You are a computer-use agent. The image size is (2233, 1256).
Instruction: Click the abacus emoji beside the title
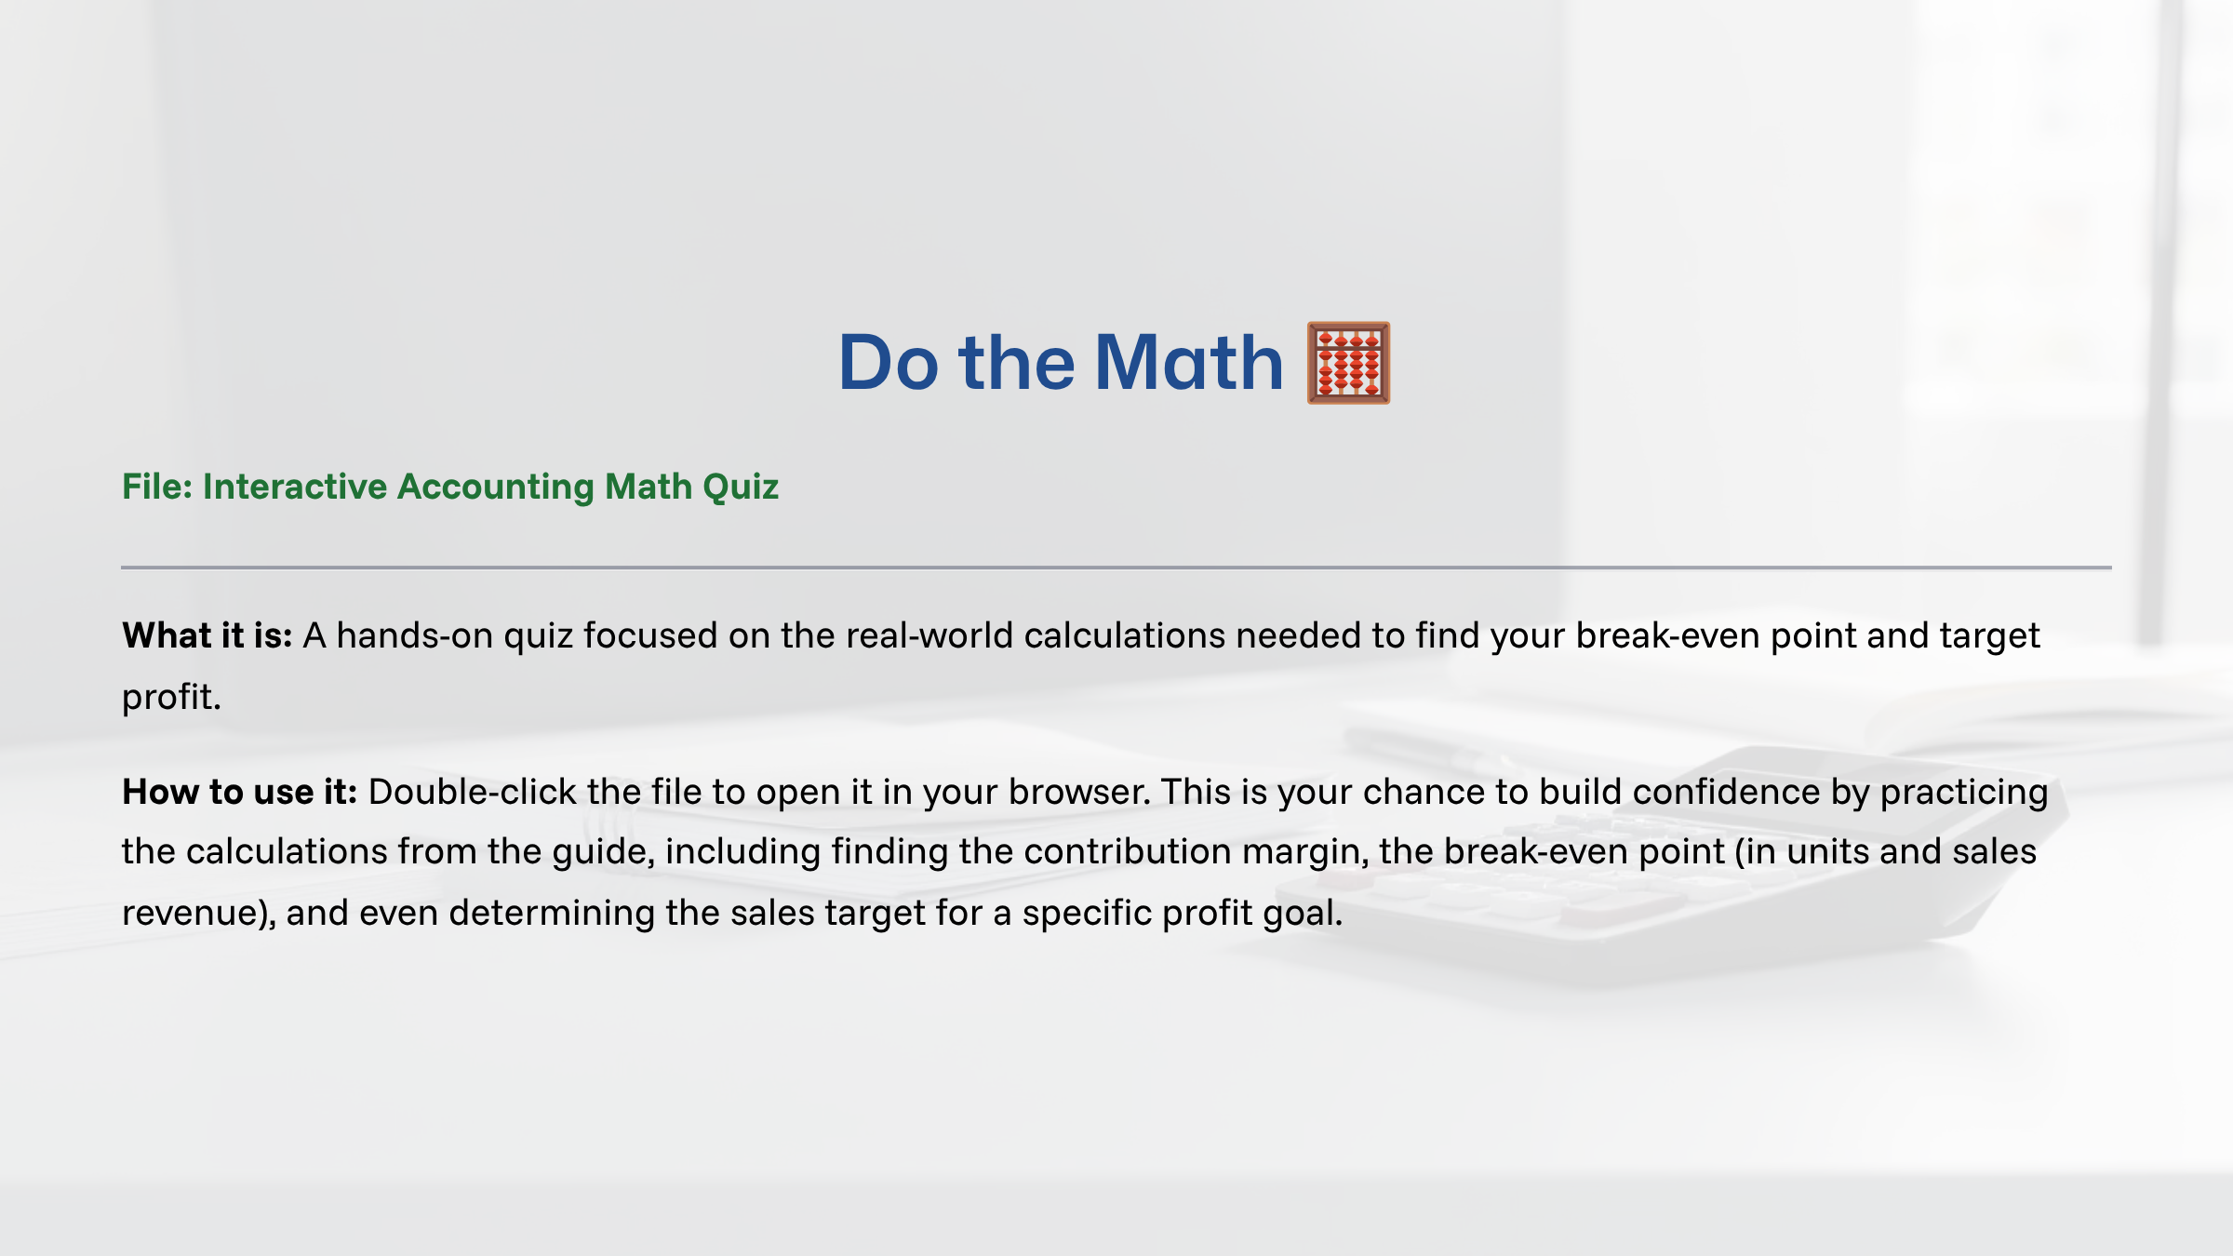(x=1348, y=363)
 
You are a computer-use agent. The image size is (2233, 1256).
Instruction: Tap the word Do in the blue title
(x=888, y=363)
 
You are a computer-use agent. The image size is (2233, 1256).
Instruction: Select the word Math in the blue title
(x=1188, y=363)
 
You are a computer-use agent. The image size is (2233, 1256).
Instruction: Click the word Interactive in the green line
(x=295, y=487)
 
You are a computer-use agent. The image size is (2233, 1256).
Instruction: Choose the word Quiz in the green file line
(x=741, y=487)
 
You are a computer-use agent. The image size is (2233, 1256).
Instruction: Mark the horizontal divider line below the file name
(x=1116, y=567)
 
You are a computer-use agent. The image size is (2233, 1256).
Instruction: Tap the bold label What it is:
(x=207, y=635)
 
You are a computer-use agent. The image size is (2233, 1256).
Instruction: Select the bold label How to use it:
(x=240, y=792)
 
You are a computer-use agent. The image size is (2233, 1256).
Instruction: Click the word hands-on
(x=414, y=635)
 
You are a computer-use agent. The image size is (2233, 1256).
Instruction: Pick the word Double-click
(x=473, y=792)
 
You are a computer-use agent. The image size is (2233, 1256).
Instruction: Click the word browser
(x=1077, y=792)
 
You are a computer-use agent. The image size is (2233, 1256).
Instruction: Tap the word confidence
(x=1726, y=792)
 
